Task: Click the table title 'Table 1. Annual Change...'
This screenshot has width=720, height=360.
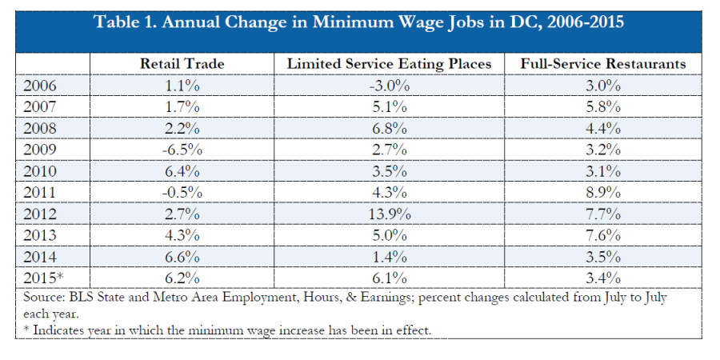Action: (x=359, y=22)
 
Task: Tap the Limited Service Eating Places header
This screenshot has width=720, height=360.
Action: (x=390, y=62)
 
